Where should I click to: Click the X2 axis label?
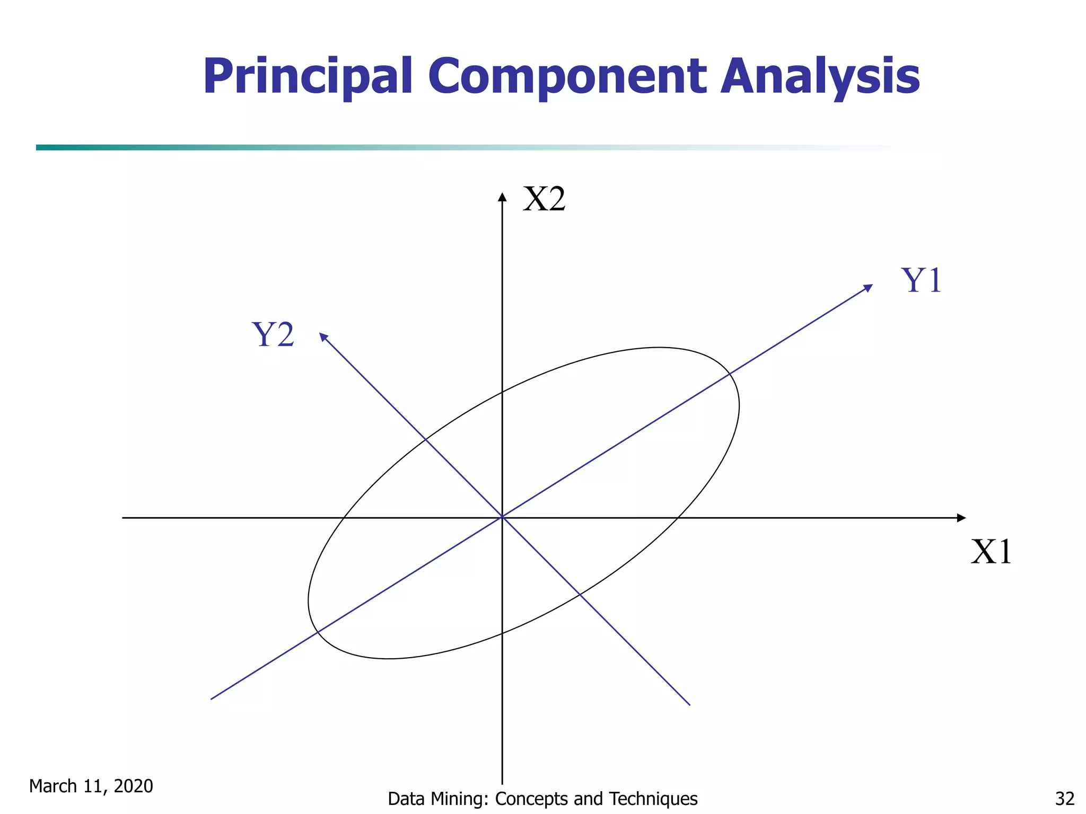544,200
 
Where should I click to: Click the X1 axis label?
991,552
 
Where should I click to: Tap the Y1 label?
921,280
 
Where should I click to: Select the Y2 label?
273,335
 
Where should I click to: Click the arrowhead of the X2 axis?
502,197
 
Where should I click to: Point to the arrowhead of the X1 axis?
961,518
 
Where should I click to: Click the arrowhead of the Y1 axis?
868,288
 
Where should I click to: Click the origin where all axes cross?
502,517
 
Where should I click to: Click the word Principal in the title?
308,77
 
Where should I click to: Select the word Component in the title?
567,77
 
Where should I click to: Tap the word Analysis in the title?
820,77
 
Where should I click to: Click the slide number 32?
1064,798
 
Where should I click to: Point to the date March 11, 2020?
91,786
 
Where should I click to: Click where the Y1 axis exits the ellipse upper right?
730,374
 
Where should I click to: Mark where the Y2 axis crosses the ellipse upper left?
425,439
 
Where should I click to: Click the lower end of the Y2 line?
689,705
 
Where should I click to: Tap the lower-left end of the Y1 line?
212,699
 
